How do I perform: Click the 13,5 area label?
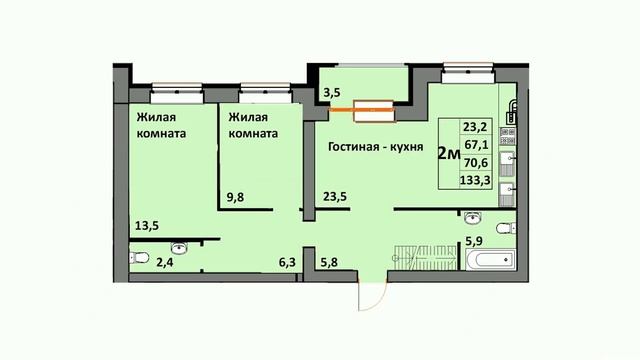click(147, 225)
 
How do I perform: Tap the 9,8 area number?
click(235, 197)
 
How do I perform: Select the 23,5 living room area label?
click(335, 197)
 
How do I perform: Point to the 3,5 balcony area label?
click(332, 93)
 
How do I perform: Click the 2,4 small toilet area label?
click(165, 262)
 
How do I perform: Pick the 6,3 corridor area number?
click(287, 262)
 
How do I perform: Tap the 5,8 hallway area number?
click(329, 262)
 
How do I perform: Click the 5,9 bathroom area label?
click(474, 241)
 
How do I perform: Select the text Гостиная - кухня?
click(376, 147)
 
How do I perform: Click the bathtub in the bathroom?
click(491, 260)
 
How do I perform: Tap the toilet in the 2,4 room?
click(139, 258)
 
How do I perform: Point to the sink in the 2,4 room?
click(179, 247)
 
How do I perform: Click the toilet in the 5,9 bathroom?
click(506, 228)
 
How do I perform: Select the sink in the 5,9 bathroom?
click(473, 218)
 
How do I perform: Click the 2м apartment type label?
click(449, 154)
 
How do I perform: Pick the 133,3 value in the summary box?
click(475, 180)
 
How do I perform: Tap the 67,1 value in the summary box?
click(476, 144)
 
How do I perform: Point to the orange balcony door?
click(362, 109)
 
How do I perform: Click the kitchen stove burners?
click(507, 136)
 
